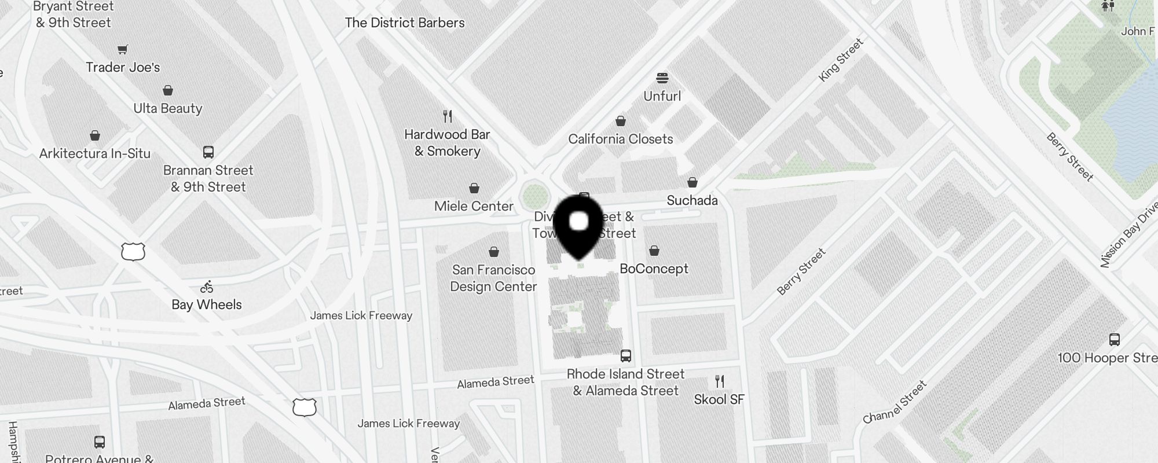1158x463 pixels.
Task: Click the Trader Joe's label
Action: point(123,67)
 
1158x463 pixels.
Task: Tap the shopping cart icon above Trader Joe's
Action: point(122,49)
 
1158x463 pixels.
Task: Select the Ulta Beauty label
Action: point(168,108)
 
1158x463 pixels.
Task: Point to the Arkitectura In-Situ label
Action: point(95,153)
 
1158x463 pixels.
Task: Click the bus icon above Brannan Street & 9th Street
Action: point(208,152)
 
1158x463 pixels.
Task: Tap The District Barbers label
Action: point(405,23)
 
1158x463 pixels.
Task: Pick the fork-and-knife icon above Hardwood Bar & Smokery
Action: point(448,116)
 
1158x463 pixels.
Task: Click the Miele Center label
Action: point(474,206)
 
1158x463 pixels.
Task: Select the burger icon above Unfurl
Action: point(662,78)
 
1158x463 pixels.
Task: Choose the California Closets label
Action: point(621,139)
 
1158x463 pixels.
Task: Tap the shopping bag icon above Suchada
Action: point(692,182)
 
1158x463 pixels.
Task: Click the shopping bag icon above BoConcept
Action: point(654,250)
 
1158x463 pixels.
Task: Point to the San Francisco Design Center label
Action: point(494,278)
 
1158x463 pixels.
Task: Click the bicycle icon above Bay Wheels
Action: point(207,286)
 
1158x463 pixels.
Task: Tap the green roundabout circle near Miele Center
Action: point(534,196)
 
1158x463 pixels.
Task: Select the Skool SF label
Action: point(719,399)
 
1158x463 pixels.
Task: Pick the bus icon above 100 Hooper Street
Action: point(1115,340)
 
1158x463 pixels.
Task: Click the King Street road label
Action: point(841,60)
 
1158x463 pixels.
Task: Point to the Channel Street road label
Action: point(895,402)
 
